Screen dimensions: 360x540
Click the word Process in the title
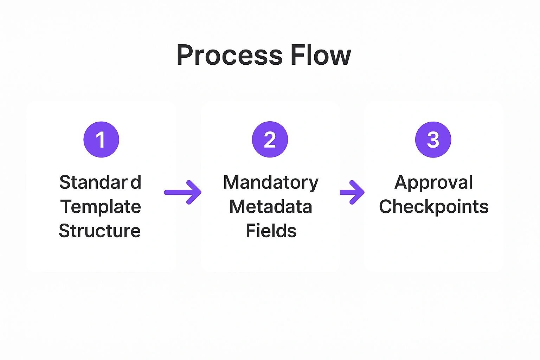click(229, 55)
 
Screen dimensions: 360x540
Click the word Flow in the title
click(320, 55)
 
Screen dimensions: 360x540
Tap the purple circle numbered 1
click(101, 140)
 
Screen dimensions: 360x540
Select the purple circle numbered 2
click(270, 140)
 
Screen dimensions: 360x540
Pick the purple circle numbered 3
click(433, 140)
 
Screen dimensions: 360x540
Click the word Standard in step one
click(100, 182)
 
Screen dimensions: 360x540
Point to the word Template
click(101, 207)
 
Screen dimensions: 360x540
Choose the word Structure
click(100, 231)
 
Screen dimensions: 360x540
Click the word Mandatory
click(271, 183)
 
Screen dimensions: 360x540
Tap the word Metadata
click(271, 207)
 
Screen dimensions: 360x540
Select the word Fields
click(271, 231)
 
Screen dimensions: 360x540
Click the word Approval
click(433, 183)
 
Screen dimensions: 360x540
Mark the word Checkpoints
click(433, 207)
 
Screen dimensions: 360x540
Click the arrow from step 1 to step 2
click(183, 192)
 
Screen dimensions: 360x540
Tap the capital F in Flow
click(296, 55)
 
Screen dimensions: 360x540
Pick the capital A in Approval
click(401, 182)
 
